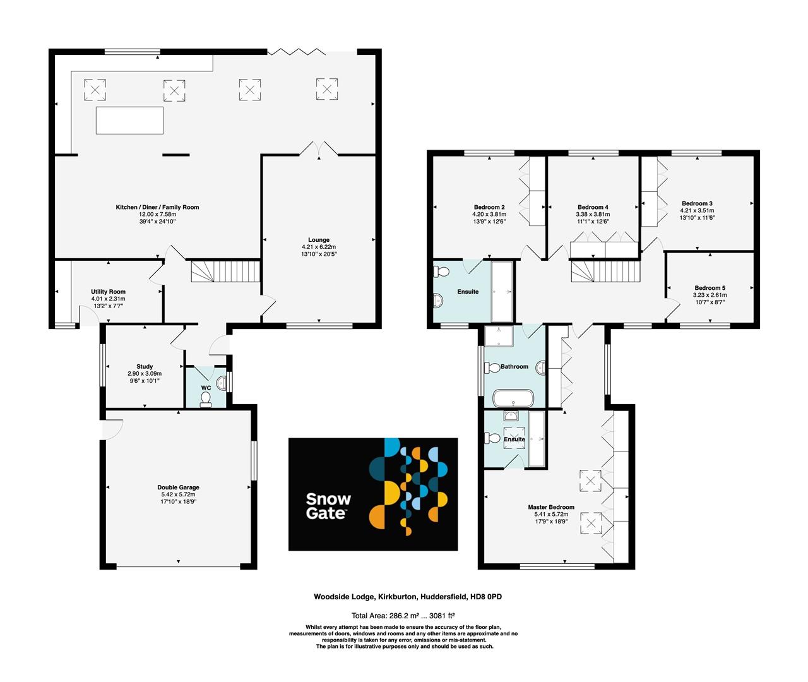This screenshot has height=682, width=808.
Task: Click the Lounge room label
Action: pos(319,240)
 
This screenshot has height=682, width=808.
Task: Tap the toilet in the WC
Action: pos(206,399)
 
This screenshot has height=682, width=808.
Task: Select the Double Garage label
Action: pos(178,488)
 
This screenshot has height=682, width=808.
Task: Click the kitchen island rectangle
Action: pos(129,120)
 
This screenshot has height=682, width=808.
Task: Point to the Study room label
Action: pos(145,366)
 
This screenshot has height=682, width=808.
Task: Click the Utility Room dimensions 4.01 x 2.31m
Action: pos(108,299)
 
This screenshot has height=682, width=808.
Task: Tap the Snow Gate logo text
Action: pos(328,506)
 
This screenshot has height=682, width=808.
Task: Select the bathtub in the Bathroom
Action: pos(513,398)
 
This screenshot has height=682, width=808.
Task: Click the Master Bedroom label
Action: pos(551,507)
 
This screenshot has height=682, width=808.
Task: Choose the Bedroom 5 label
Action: pos(710,288)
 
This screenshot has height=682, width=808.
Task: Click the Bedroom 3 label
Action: pos(697,203)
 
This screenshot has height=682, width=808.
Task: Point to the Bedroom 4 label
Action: pos(593,207)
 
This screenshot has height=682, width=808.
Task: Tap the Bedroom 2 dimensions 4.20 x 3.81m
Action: pos(489,214)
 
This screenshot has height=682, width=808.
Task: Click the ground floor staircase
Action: pos(225,272)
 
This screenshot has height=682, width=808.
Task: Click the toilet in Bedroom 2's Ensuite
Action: pos(441,272)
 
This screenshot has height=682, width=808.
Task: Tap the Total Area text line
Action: pos(403,615)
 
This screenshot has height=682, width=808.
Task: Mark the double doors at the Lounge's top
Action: pos(319,149)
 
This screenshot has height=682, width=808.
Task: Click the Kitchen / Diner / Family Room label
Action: pos(157,207)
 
